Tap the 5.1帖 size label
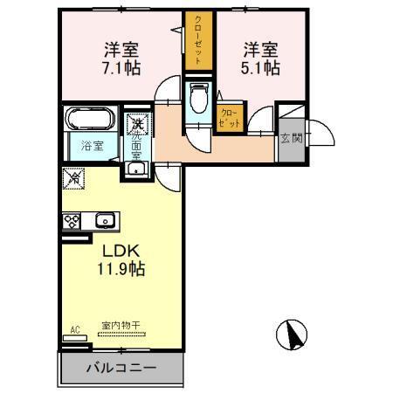[x=261, y=66]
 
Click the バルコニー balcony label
[x=121, y=368]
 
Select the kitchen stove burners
[x=72, y=220]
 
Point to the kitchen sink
[x=105, y=220]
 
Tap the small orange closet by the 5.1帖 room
[x=230, y=116]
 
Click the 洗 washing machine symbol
[x=136, y=123]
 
